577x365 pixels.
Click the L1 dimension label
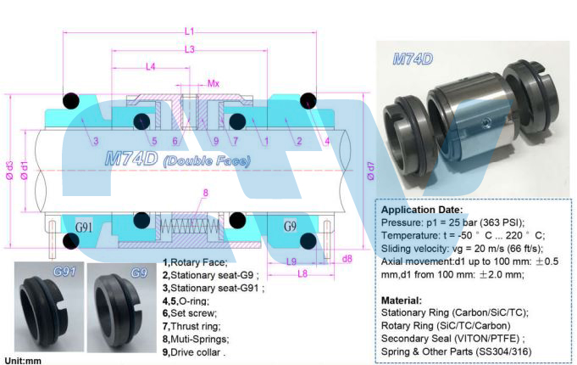(x=189, y=31)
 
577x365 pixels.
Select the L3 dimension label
(x=189, y=49)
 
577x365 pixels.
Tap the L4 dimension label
(x=151, y=67)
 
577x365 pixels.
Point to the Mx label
(x=214, y=84)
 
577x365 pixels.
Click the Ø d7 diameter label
(x=371, y=171)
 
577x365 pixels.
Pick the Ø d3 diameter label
(x=9, y=171)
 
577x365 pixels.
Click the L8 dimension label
(x=302, y=273)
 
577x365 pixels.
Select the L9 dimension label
(x=291, y=261)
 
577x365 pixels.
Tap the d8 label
(x=347, y=259)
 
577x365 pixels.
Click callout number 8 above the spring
(x=205, y=193)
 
